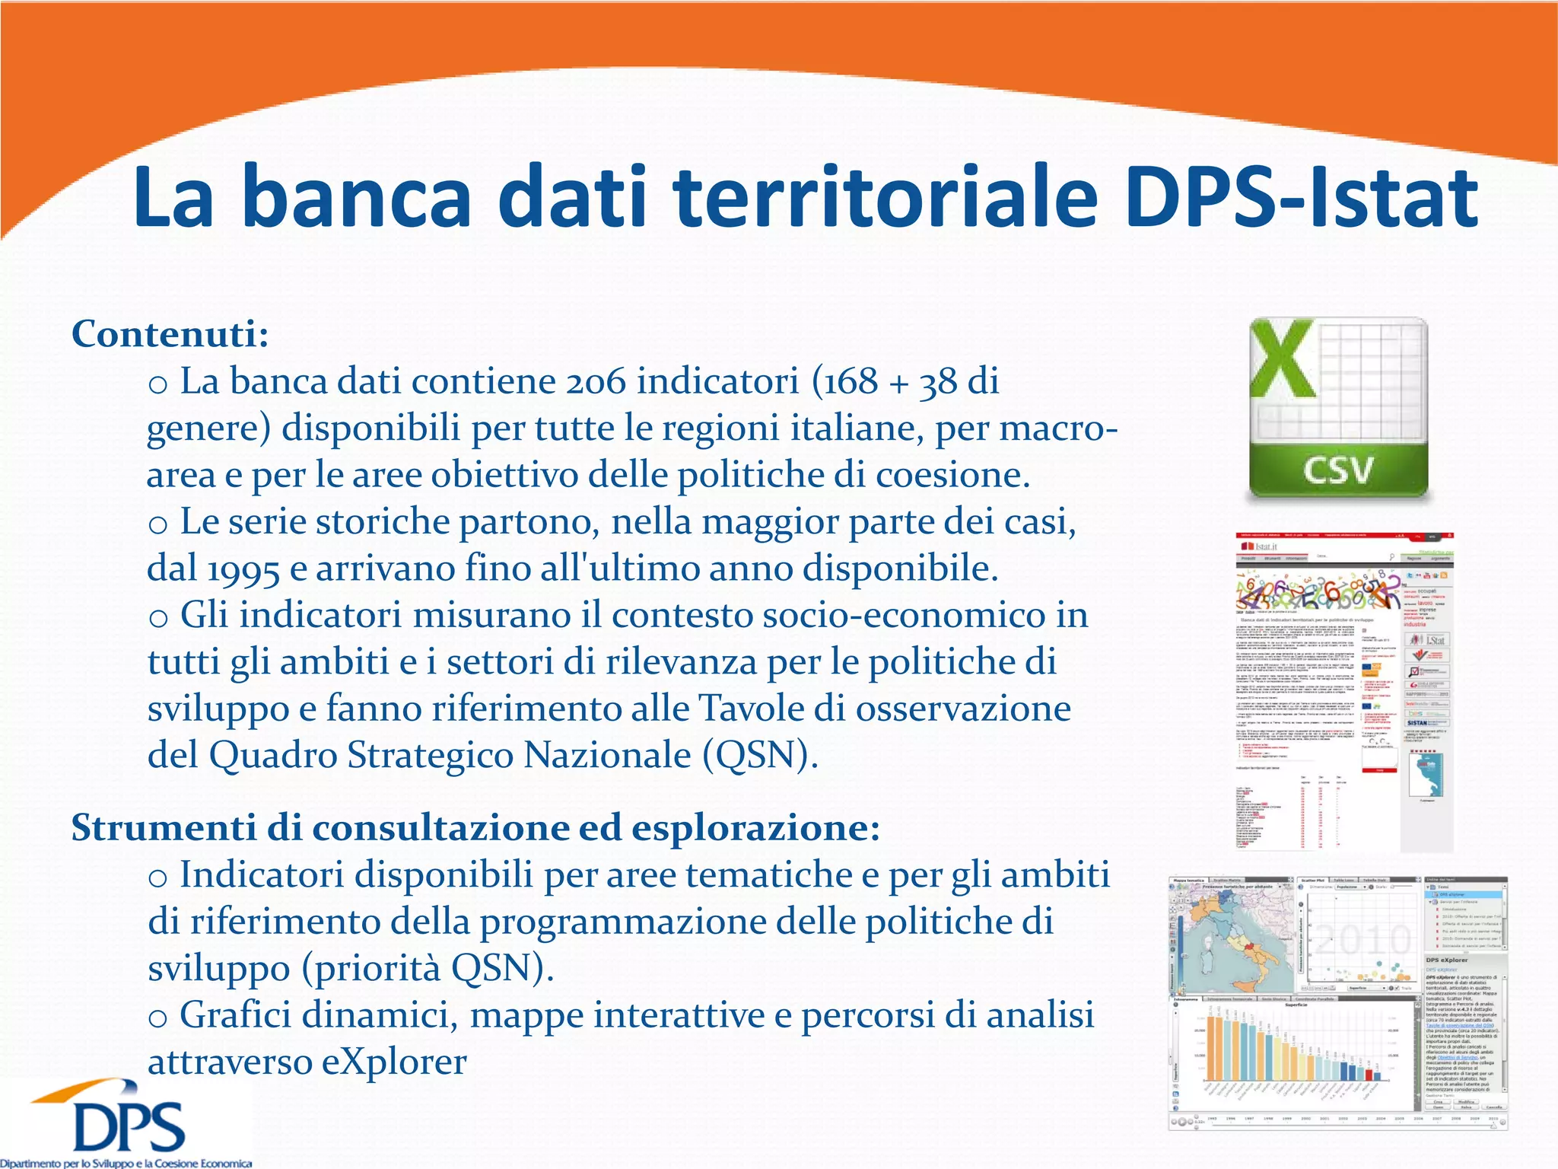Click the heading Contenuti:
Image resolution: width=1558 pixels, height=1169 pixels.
pyautogui.click(x=170, y=333)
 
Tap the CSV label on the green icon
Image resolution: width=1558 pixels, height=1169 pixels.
pyautogui.click(x=1339, y=470)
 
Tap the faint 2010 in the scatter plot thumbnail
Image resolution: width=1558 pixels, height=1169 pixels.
pyautogui.click(x=1362, y=940)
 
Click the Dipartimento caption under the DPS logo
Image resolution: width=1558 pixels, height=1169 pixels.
pyautogui.click(x=126, y=1163)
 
